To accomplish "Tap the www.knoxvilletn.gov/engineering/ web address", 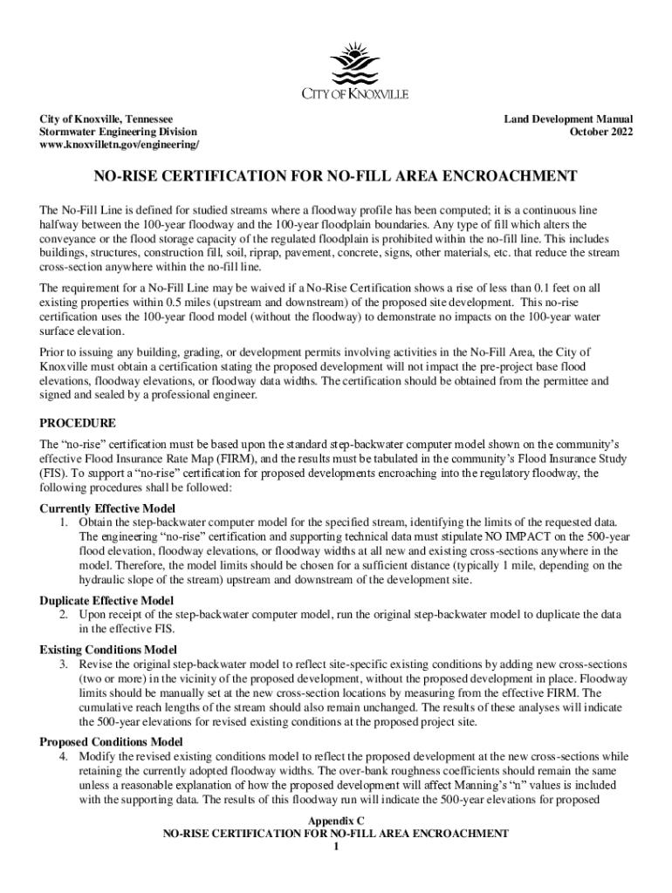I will (x=120, y=145).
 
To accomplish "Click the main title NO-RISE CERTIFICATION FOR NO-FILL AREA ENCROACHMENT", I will (x=335, y=177).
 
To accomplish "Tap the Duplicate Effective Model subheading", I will (x=106, y=600).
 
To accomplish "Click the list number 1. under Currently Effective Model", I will (x=64, y=521).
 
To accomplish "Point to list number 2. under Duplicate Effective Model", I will (x=64, y=614).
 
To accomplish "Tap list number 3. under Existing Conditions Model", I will (x=64, y=664).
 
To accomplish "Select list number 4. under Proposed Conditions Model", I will (x=64, y=755).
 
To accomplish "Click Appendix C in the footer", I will (x=335, y=821).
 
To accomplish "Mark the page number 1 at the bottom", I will (x=335, y=847).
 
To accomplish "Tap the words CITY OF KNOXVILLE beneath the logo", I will (x=354, y=94).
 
